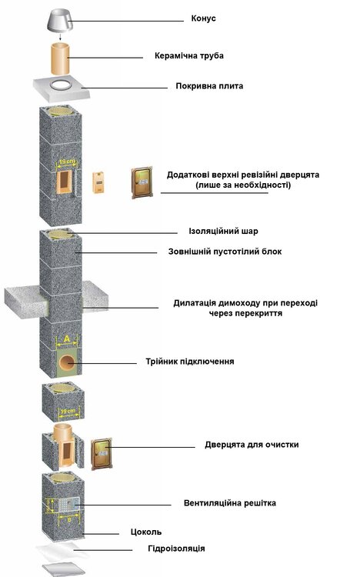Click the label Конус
[x=203, y=18]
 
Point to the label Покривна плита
[x=209, y=86]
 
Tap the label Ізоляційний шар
[x=222, y=231]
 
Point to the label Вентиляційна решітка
[x=229, y=503]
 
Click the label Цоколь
[x=145, y=531]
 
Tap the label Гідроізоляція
[x=176, y=549]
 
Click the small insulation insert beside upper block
[x=98, y=182]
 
